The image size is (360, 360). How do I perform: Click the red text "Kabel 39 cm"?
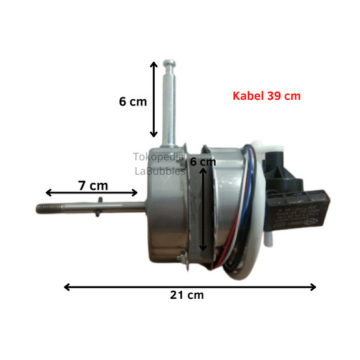point(266,96)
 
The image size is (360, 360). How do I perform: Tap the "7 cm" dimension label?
point(93,185)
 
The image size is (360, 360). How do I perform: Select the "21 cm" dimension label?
point(187,295)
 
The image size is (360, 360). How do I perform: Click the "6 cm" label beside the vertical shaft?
point(133,101)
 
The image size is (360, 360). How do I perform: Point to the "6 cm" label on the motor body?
point(203,162)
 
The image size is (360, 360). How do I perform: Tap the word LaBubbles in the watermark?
point(160,171)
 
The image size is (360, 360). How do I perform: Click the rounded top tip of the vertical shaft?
point(170,64)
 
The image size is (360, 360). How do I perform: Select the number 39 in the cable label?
point(272,96)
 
